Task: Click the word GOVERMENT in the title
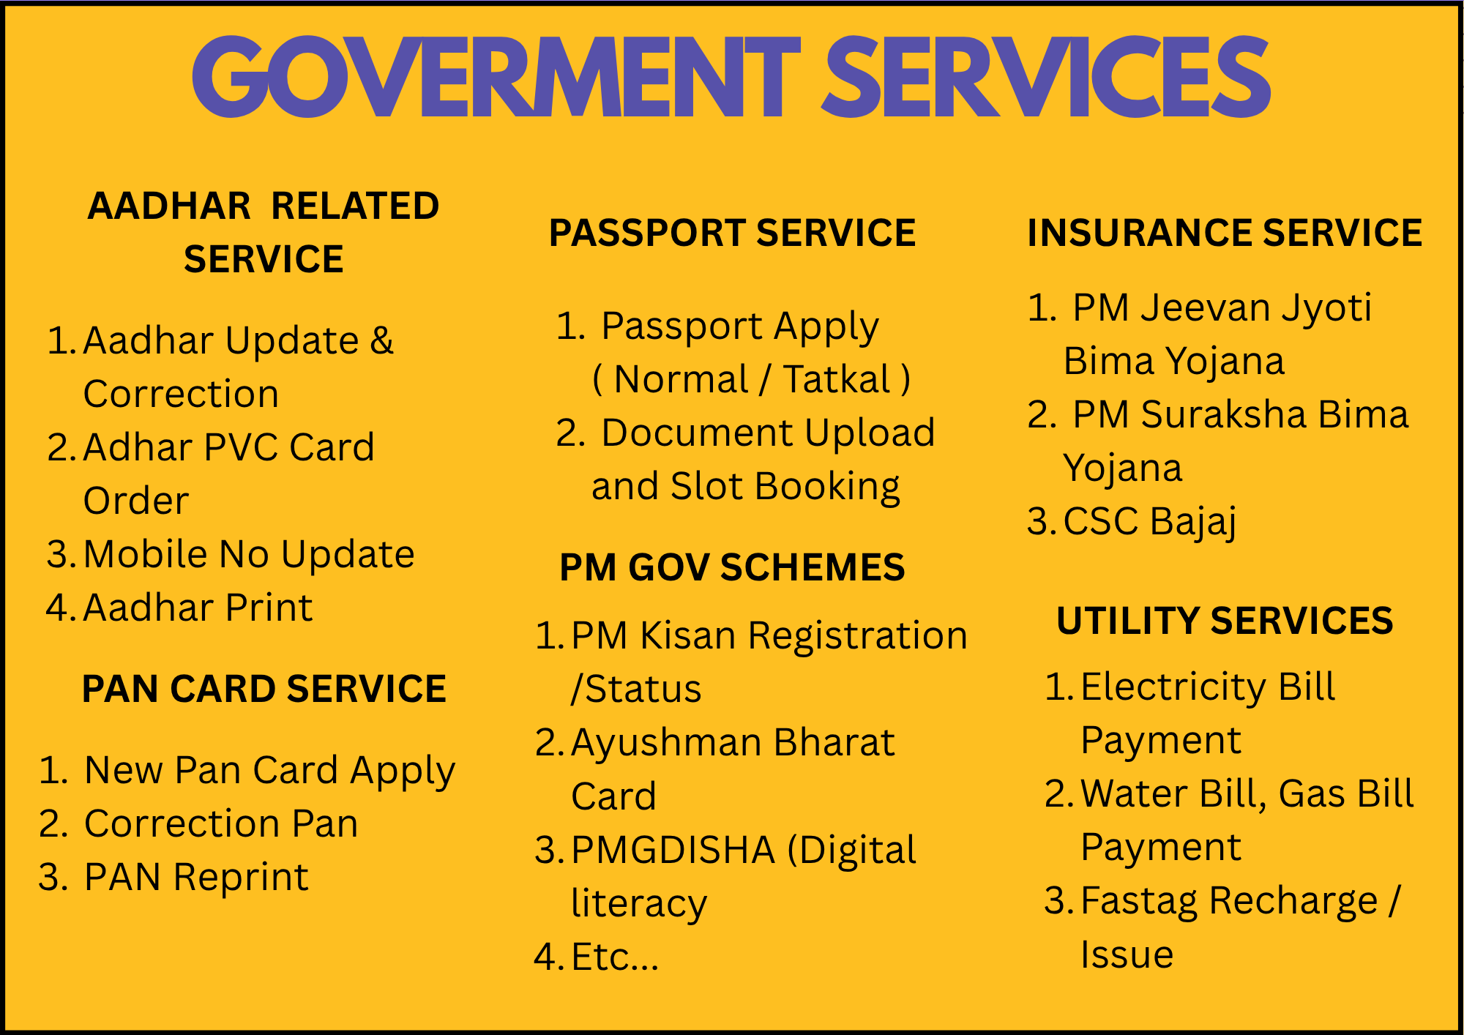coord(496,76)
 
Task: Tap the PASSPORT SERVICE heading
coord(732,233)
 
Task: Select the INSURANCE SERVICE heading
coord(1225,233)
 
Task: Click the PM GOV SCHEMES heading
coord(732,567)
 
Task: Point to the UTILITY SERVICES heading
coord(1225,621)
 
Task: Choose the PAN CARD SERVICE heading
coord(264,689)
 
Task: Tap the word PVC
coord(241,447)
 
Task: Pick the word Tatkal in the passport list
coord(837,379)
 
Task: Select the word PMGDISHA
coord(673,850)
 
